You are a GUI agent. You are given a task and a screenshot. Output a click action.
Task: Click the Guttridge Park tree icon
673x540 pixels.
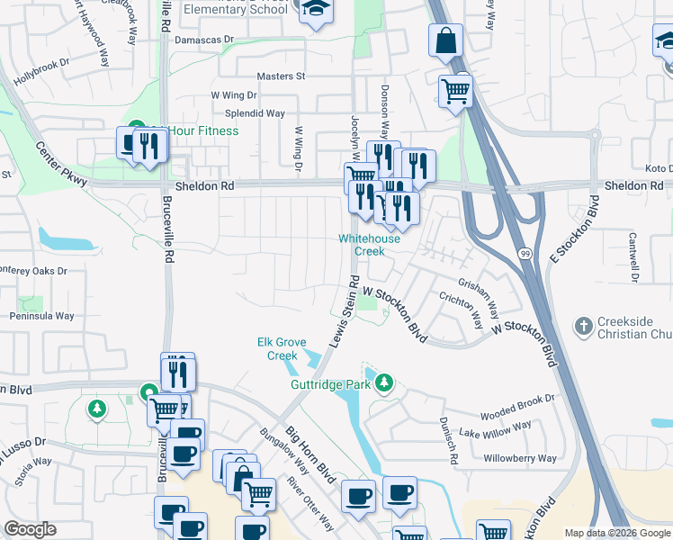tap(385, 383)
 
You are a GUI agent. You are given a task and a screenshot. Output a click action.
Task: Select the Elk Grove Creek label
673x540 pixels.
tap(283, 349)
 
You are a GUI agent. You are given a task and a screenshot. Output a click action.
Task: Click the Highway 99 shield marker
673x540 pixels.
tap(525, 255)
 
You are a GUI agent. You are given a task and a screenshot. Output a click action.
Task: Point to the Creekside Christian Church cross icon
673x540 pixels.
tap(584, 325)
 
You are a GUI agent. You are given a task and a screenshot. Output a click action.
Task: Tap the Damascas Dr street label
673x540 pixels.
tap(203, 40)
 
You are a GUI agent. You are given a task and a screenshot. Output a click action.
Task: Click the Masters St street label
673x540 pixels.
tap(282, 77)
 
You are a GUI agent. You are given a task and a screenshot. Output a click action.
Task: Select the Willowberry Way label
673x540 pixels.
tap(520, 458)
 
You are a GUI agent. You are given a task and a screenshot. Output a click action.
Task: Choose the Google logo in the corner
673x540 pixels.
tap(31, 529)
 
